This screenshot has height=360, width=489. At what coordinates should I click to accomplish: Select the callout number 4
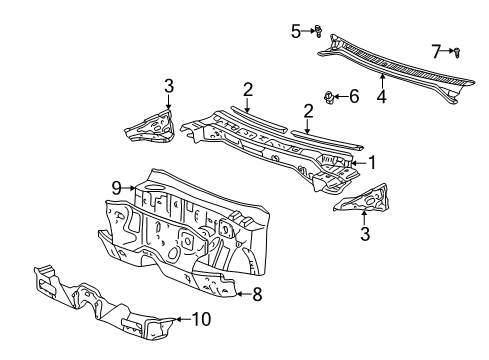pyautogui.click(x=381, y=98)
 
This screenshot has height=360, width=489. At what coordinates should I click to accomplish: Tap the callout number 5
pyautogui.click(x=296, y=31)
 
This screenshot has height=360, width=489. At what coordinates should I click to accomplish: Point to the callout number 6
pyautogui.click(x=354, y=96)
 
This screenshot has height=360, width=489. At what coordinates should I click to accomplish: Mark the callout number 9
pyautogui.click(x=116, y=187)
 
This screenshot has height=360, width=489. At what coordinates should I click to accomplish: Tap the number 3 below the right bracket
pyautogui.click(x=364, y=235)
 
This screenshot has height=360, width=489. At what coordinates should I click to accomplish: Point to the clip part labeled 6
pyautogui.click(x=330, y=96)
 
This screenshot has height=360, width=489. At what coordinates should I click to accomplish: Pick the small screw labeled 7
pyautogui.click(x=455, y=51)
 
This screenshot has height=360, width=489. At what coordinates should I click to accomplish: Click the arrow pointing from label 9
pyautogui.click(x=130, y=187)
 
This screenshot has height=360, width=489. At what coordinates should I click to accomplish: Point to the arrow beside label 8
pyautogui.click(x=239, y=294)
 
